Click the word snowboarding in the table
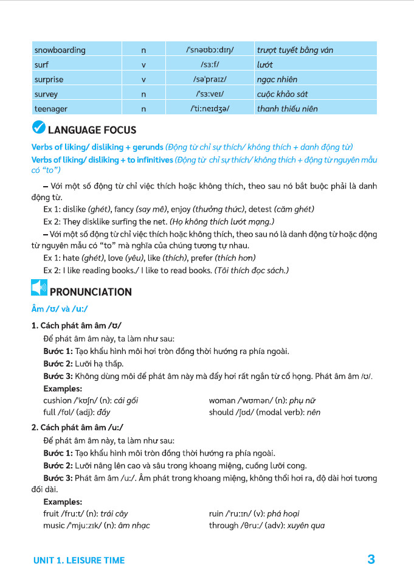click(x=60, y=50)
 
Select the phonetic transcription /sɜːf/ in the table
click(x=210, y=64)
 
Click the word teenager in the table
click(x=50, y=109)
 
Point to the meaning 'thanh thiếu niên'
click(x=288, y=109)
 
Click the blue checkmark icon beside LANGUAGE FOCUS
click(x=38, y=129)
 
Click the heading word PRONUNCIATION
click(x=91, y=292)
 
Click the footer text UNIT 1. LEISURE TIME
click(x=79, y=560)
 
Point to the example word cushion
click(x=57, y=400)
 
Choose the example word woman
click(x=222, y=400)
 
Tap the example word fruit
click(x=51, y=513)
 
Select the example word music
click(x=53, y=526)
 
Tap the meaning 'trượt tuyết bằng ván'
click(x=295, y=50)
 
